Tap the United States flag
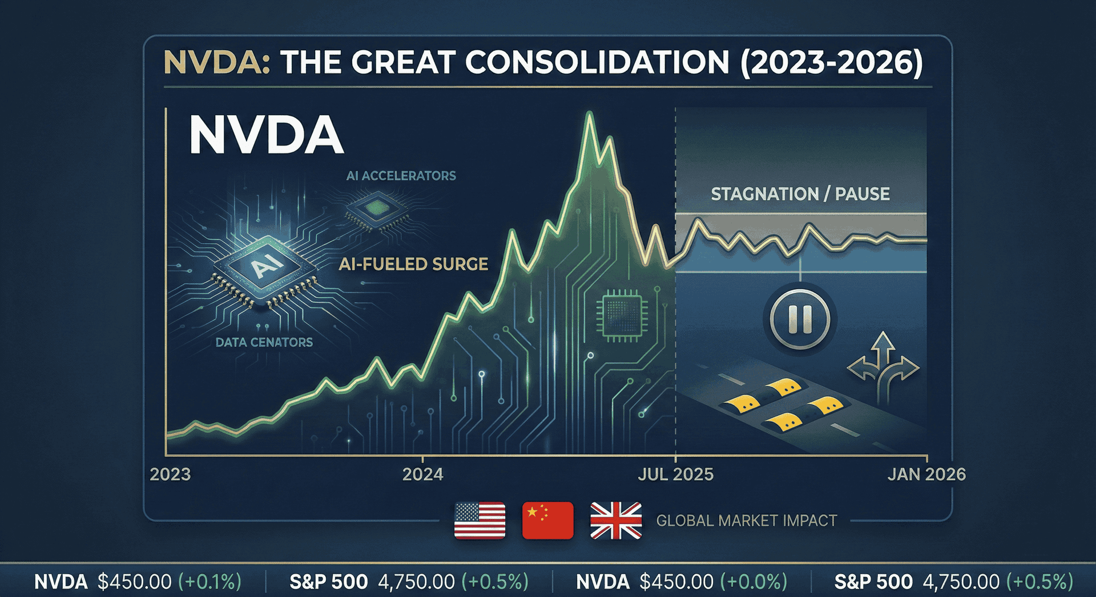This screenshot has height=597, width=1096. [x=479, y=520]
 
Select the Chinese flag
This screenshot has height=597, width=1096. [x=547, y=520]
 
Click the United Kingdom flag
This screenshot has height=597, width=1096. [x=616, y=520]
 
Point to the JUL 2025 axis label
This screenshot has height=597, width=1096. [x=675, y=474]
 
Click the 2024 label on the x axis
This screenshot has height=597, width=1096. [x=422, y=474]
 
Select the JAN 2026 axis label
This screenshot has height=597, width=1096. [x=926, y=474]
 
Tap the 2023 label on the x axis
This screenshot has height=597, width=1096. [x=170, y=474]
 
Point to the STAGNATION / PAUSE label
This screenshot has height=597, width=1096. [x=800, y=194]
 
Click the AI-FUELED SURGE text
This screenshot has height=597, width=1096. [x=413, y=264]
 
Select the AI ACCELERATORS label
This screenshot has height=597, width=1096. [x=401, y=176]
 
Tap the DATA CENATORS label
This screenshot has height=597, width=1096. [x=264, y=342]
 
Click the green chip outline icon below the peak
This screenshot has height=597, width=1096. [x=621, y=315]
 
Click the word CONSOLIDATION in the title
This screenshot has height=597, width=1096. [x=597, y=62]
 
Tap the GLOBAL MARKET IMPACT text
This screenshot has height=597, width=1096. [x=746, y=521]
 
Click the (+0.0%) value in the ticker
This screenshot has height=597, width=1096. [x=753, y=582]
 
